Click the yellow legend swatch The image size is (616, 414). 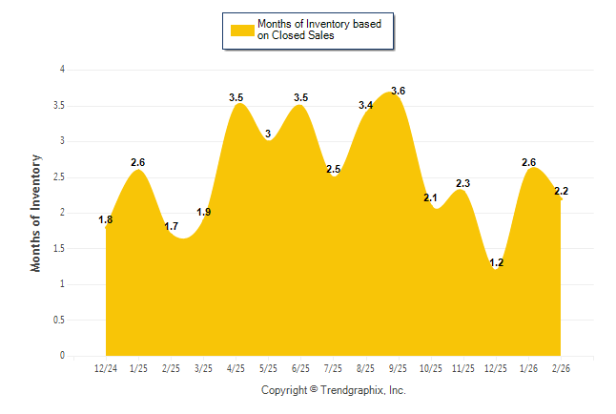(242, 30)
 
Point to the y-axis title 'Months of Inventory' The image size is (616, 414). (36, 213)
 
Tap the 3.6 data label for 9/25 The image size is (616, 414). (398, 92)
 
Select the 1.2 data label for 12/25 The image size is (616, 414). (495, 261)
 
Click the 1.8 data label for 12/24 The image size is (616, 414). (106, 220)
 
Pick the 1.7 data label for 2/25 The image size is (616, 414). (172, 227)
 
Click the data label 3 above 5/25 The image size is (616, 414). (268, 134)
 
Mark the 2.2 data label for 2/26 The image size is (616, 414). (561, 192)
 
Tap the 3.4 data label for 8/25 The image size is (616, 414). (365, 106)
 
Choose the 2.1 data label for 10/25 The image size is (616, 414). (430, 198)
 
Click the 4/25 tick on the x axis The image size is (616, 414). (236, 368)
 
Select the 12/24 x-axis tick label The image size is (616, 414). (106, 368)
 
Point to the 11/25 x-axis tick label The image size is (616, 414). (462, 368)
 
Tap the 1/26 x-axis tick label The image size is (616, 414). (527, 368)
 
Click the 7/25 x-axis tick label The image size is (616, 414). (333, 368)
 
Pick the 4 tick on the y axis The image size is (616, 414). (62, 70)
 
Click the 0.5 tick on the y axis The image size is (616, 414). (59, 321)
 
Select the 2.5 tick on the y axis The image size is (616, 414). (59, 177)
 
